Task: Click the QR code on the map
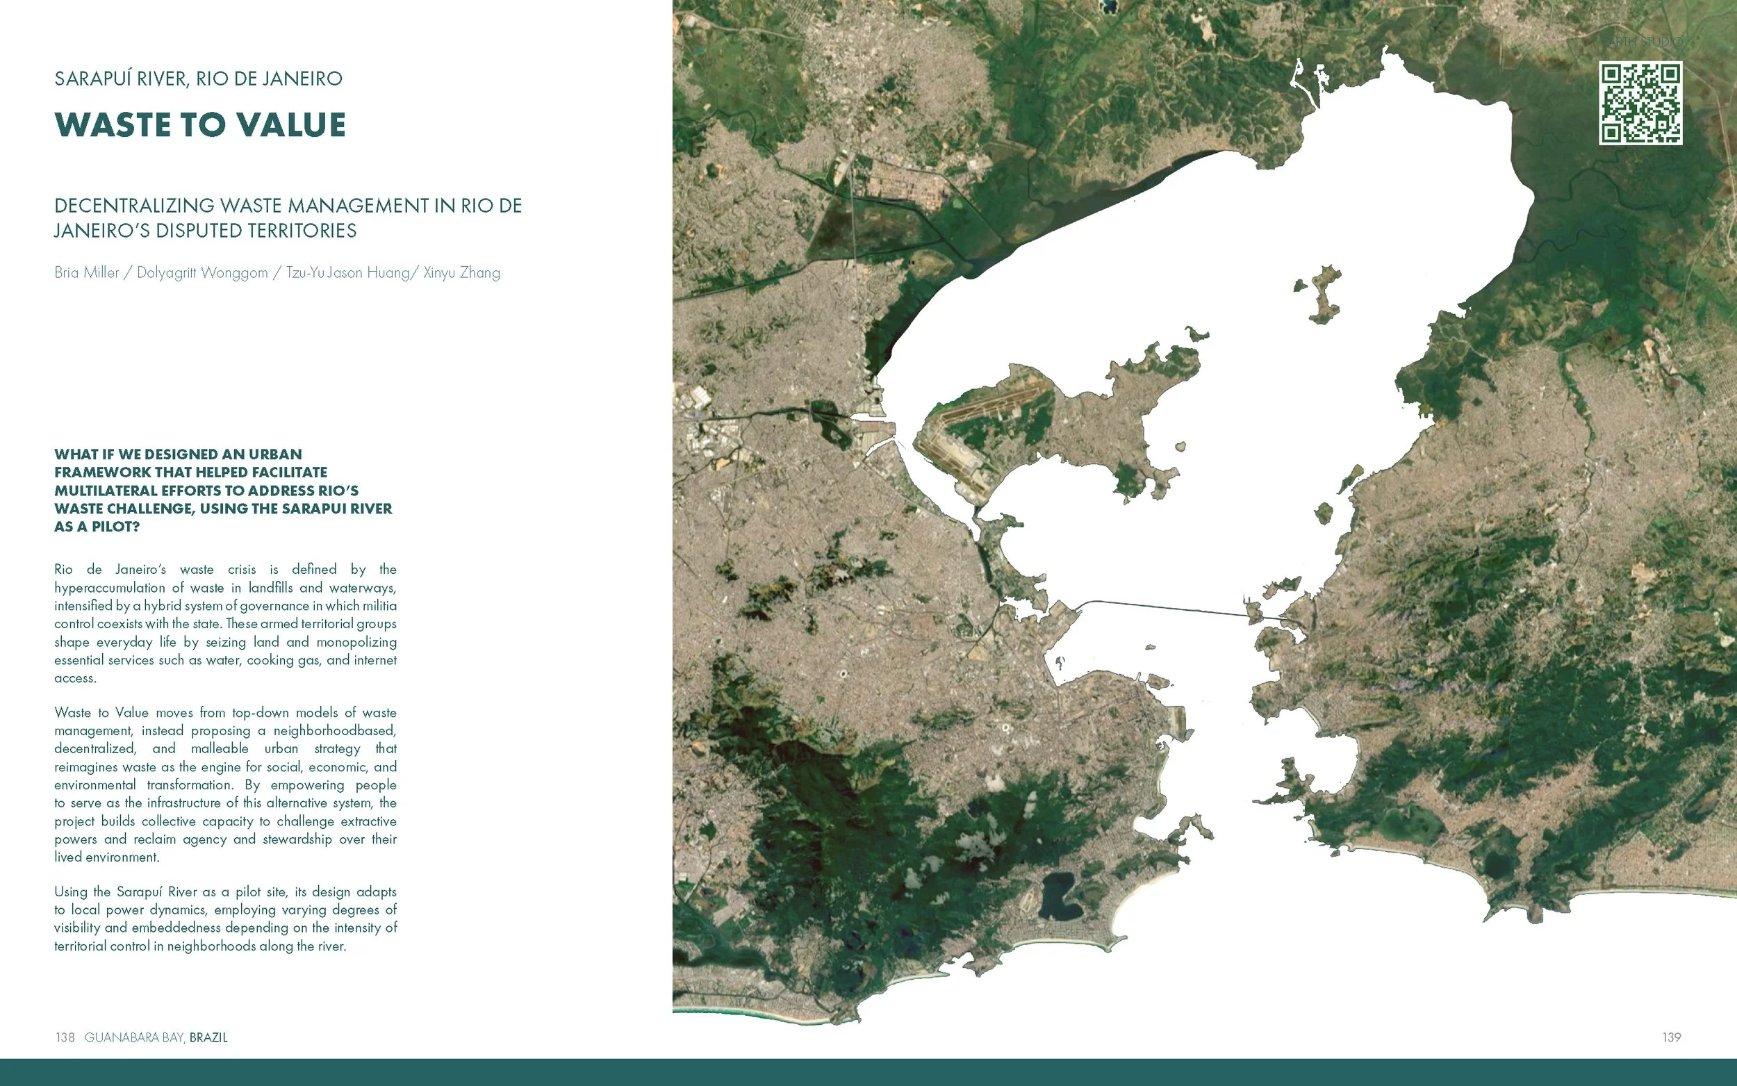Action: [1640, 104]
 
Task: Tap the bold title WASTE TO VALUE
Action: [200, 125]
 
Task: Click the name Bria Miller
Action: [87, 273]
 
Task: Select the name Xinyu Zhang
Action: [462, 273]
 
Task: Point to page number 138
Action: [65, 1037]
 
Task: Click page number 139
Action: [1671, 1037]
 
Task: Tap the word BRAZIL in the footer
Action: [208, 1037]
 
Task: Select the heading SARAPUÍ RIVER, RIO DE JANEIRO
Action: [198, 79]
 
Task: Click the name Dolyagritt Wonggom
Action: [201, 273]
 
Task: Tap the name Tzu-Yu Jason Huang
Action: [347, 273]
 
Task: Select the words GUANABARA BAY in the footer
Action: [134, 1037]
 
